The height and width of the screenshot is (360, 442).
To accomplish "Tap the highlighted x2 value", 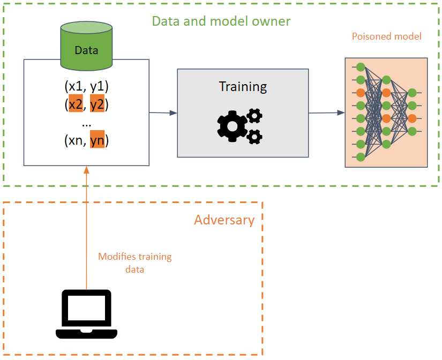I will coord(76,104).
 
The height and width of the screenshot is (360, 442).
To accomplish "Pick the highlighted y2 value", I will coord(97,104).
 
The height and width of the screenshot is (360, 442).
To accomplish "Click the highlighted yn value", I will coord(97,140).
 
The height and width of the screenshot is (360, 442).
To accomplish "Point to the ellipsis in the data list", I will coord(86,123).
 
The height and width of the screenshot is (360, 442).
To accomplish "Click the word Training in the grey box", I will coord(243,86).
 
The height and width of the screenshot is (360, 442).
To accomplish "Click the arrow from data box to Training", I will coord(163,112).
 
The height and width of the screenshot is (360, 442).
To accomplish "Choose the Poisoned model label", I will coord(386,36).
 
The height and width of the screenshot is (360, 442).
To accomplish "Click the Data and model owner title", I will coord(221,21).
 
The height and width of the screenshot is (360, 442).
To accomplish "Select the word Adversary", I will coord(224,220).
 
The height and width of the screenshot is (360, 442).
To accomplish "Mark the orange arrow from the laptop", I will coord(86,225).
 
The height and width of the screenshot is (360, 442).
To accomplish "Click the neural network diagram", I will coord(386,112).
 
